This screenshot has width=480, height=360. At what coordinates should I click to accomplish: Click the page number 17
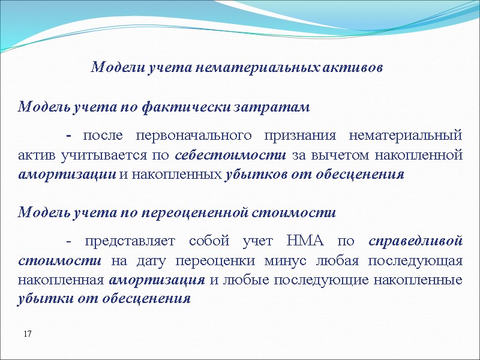pos(27,333)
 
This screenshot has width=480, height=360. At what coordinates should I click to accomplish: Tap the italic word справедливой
pos(415,241)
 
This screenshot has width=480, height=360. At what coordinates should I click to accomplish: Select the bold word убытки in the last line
pos(42,299)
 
